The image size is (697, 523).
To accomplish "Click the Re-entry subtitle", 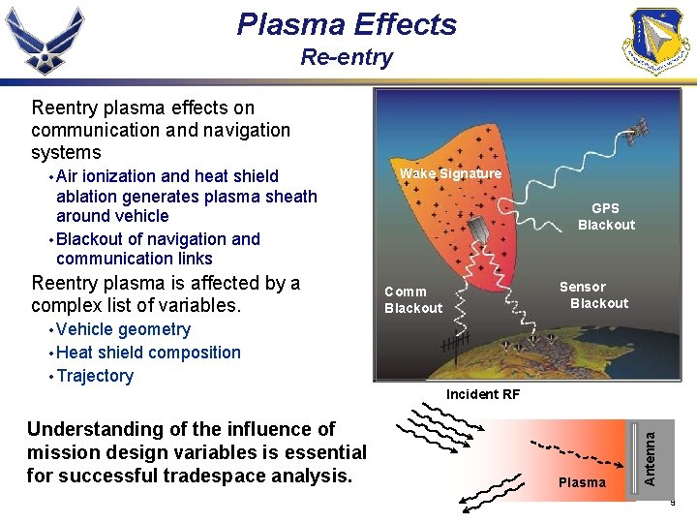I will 347,57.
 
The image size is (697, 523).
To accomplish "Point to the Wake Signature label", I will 450,174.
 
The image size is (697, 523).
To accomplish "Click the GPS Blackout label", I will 606,217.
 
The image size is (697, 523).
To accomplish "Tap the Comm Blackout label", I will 413,300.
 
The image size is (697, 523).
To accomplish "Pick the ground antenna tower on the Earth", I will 452,344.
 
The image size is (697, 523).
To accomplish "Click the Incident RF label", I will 482,394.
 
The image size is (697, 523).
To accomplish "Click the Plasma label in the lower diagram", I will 582,482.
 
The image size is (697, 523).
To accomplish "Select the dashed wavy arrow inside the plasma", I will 571,449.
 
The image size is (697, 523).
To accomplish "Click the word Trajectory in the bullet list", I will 95,376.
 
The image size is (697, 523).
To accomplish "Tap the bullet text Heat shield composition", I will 148,353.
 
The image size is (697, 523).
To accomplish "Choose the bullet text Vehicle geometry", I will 124,329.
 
